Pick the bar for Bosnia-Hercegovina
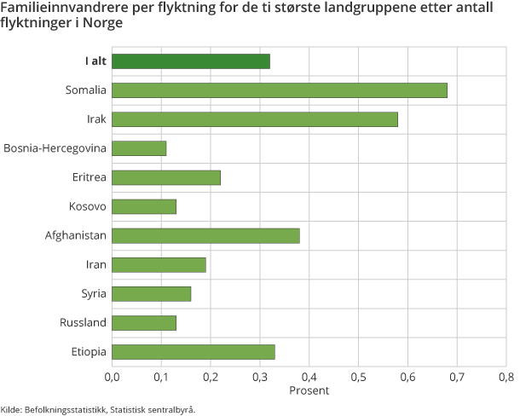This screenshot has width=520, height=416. pyautogui.click(x=139, y=148)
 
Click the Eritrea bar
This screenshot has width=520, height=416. pyautogui.click(x=166, y=177)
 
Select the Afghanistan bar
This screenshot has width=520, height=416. pyautogui.click(x=205, y=235)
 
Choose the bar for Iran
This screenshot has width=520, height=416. pyautogui.click(x=159, y=264)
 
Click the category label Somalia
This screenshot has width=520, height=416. pyautogui.click(x=86, y=90)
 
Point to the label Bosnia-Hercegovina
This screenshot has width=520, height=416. pyautogui.click(x=55, y=148)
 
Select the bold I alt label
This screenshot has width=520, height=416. pyautogui.click(x=95, y=61)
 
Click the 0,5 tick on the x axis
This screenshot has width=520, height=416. pyautogui.click(x=358, y=376)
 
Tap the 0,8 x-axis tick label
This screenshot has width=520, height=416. pyautogui.click(x=506, y=376)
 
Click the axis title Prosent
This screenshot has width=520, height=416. pyautogui.click(x=309, y=390)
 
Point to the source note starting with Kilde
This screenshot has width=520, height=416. pyautogui.click(x=98, y=409)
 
